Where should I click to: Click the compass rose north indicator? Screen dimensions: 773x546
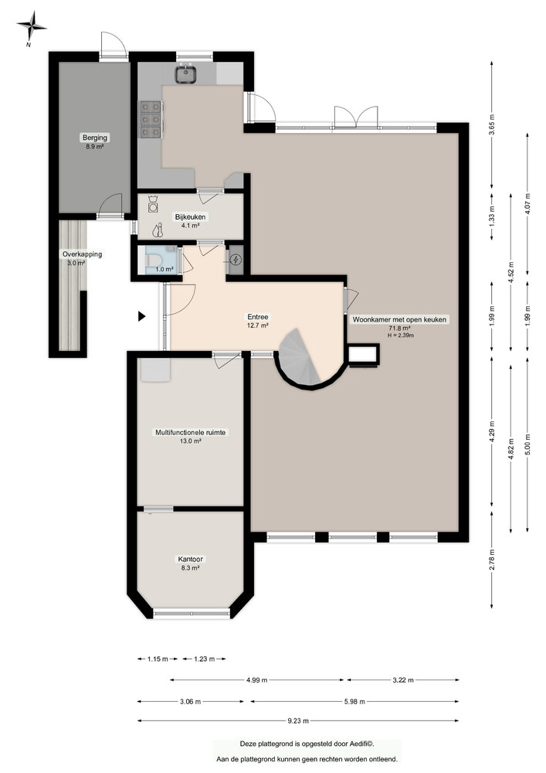click(32, 29)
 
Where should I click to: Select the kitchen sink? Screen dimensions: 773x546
click(186, 74)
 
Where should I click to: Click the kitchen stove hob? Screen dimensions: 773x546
click(150, 120)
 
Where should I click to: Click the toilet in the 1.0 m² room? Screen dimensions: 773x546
click(152, 260)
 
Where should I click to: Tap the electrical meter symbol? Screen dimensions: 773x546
click(235, 261)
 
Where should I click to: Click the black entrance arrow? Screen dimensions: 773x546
click(141, 315)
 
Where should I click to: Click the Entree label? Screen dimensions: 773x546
click(257, 317)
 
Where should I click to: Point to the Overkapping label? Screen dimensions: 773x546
click(82, 254)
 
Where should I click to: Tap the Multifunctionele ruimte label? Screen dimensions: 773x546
click(190, 433)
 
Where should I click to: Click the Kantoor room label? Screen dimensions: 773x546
click(190, 559)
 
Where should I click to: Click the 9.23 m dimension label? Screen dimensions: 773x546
click(297, 721)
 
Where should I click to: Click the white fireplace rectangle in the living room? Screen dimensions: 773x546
click(363, 354)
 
